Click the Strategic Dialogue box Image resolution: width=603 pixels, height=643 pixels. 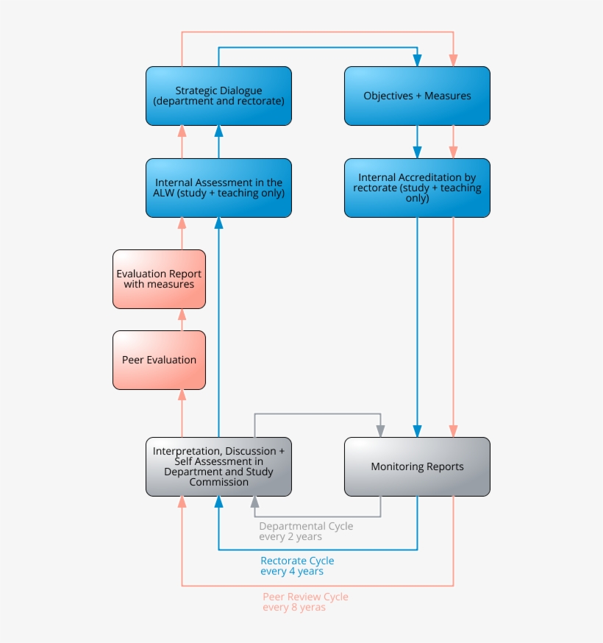(x=218, y=96)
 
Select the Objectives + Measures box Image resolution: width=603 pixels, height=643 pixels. (x=417, y=96)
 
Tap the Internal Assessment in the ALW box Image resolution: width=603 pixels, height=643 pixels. (x=218, y=188)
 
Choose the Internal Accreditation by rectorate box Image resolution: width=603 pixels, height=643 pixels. (x=417, y=188)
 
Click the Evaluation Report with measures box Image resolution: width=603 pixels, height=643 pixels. (x=159, y=279)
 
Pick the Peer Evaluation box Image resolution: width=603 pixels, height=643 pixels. (x=159, y=360)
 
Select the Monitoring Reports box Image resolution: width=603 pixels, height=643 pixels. (x=417, y=466)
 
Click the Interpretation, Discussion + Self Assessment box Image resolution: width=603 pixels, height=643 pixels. (x=218, y=466)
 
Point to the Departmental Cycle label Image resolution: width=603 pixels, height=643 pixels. (x=306, y=526)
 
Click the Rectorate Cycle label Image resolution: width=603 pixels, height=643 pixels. (x=297, y=561)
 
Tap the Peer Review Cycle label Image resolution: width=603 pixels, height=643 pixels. (x=305, y=597)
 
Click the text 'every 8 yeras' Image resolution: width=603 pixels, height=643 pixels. (x=294, y=607)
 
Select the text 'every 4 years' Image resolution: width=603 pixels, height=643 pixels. (x=292, y=571)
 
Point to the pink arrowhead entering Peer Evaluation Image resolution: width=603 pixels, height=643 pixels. (x=182, y=395)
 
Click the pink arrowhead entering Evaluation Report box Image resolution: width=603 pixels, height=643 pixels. (x=182, y=314)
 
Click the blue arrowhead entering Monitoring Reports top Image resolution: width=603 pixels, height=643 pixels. (x=418, y=431)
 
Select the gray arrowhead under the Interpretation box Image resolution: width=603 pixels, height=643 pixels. (x=255, y=502)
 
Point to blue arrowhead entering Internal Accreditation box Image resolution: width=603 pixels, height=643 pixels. (x=418, y=152)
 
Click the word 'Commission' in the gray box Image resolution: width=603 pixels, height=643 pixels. (x=218, y=482)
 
